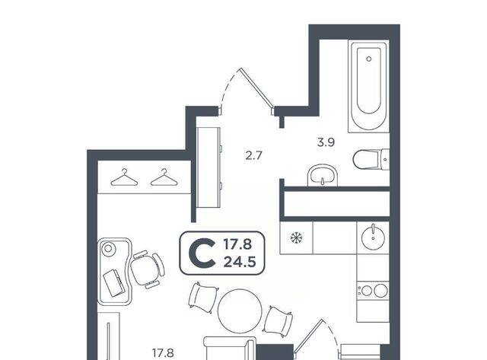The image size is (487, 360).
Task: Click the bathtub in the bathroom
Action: point(368,86)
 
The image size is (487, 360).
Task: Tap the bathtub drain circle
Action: point(368,59)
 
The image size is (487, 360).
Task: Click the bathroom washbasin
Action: point(323,176)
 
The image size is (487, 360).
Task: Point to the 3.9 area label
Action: point(326,142)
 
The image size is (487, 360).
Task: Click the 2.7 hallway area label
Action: point(253,155)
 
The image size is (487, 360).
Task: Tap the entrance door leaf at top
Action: point(257,88)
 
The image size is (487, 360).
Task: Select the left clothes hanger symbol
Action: point(124,177)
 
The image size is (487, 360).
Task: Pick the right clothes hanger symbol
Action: point(164,177)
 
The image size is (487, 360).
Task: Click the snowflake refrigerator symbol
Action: point(296,238)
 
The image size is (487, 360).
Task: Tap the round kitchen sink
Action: point(373,238)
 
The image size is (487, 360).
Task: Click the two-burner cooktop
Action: point(373,291)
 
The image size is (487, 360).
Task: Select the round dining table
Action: point(240,311)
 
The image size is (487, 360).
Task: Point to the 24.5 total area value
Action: point(240,263)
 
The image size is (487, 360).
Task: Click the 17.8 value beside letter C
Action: point(238,245)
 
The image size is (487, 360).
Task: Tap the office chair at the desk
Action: point(147,269)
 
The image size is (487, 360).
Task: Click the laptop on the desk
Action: point(114,283)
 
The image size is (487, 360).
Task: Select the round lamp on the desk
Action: point(108,248)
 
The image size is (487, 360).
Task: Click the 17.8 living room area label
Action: point(163,353)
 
